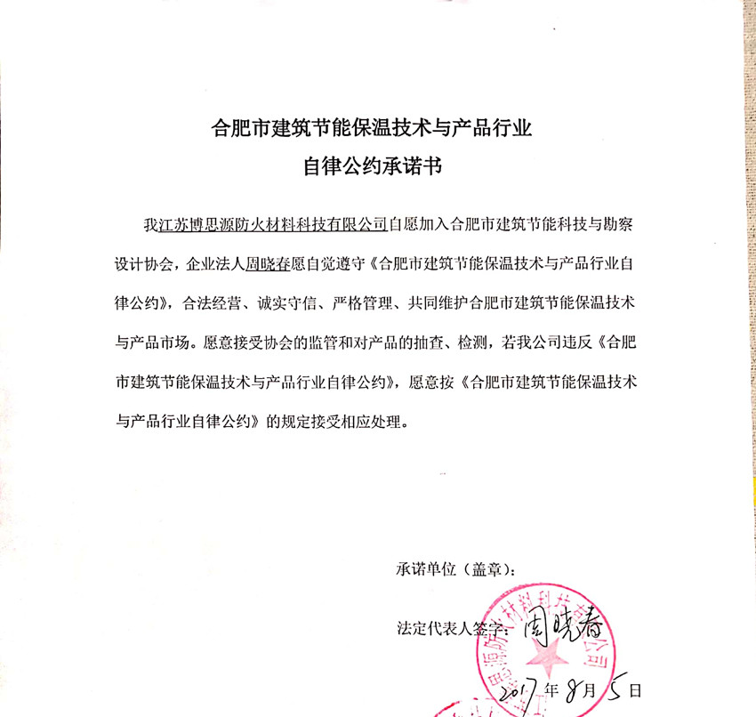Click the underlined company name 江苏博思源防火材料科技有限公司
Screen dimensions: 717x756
click(272, 223)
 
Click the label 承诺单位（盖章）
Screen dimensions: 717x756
click(454, 569)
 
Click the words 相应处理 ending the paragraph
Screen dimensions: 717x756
click(369, 423)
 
